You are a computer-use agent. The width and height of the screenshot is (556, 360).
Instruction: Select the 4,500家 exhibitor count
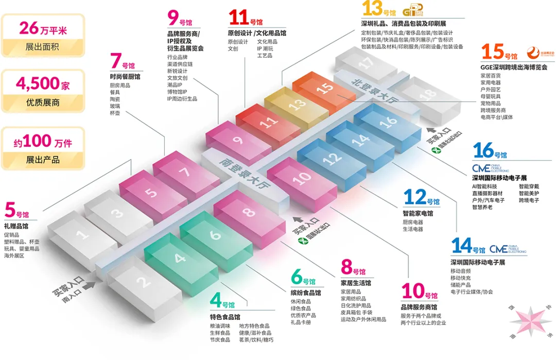tap(43, 83)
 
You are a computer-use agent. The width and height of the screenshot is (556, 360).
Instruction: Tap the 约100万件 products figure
tap(43, 141)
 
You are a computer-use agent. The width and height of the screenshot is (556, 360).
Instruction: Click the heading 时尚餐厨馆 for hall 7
tap(125, 76)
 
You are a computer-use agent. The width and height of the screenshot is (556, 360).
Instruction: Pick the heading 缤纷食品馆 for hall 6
tap(306, 293)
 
